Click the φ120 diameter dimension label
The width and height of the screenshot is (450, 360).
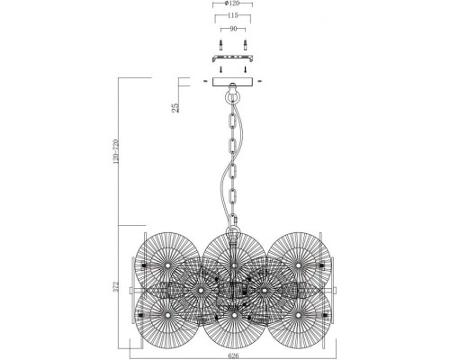click(232, 4)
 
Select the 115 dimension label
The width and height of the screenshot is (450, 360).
click(233, 15)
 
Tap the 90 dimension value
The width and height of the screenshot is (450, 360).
click(233, 29)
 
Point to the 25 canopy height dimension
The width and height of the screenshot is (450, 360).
click(175, 107)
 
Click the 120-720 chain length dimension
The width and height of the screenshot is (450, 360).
click(116, 151)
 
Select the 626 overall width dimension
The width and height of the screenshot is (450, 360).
click(233, 356)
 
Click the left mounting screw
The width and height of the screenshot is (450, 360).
click(220, 45)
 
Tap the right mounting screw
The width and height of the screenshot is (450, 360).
click(245, 45)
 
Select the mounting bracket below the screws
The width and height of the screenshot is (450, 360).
click(233, 58)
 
